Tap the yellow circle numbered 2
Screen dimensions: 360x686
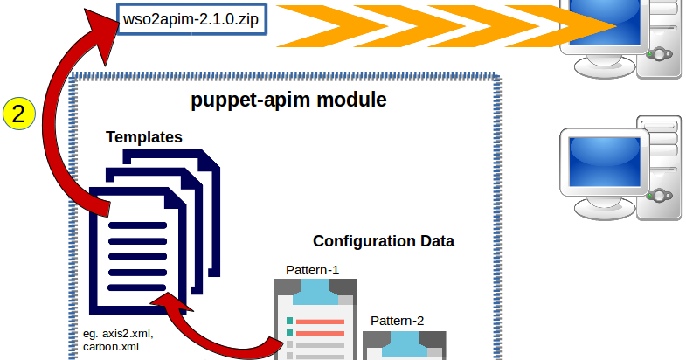[19, 114]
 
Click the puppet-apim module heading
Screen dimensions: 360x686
[288, 100]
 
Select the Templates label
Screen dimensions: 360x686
[144, 137]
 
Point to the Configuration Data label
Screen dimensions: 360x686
[384, 240]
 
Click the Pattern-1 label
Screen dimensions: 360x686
[312, 269]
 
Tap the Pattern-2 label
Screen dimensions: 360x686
[397, 320]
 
